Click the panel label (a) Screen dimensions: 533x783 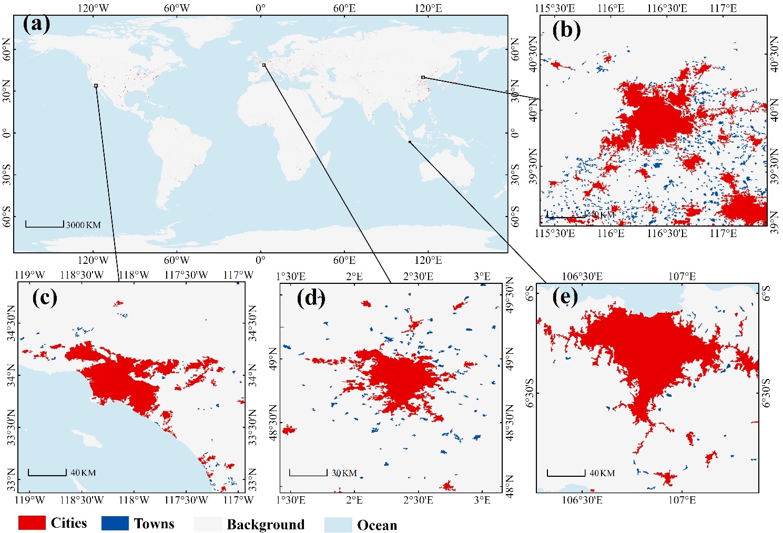(x=36, y=25)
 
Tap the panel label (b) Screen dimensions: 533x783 (x=566, y=30)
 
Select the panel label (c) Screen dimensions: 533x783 (x=44, y=298)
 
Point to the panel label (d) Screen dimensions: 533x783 (x=311, y=298)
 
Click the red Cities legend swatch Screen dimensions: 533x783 (x=32, y=522)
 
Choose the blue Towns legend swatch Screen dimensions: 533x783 (x=115, y=523)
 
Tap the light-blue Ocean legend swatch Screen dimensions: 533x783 (x=338, y=525)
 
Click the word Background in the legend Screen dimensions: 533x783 (x=266, y=525)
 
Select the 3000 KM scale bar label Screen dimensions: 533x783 (x=83, y=225)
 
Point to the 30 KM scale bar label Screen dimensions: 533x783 (x=344, y=473)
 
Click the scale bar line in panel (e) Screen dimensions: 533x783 (x=566, y=475)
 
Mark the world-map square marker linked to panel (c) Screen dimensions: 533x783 (x=96, y=85)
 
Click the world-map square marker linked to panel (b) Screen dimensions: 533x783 (x=423, y=77)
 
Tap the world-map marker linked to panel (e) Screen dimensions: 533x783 (x=410, y=142)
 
